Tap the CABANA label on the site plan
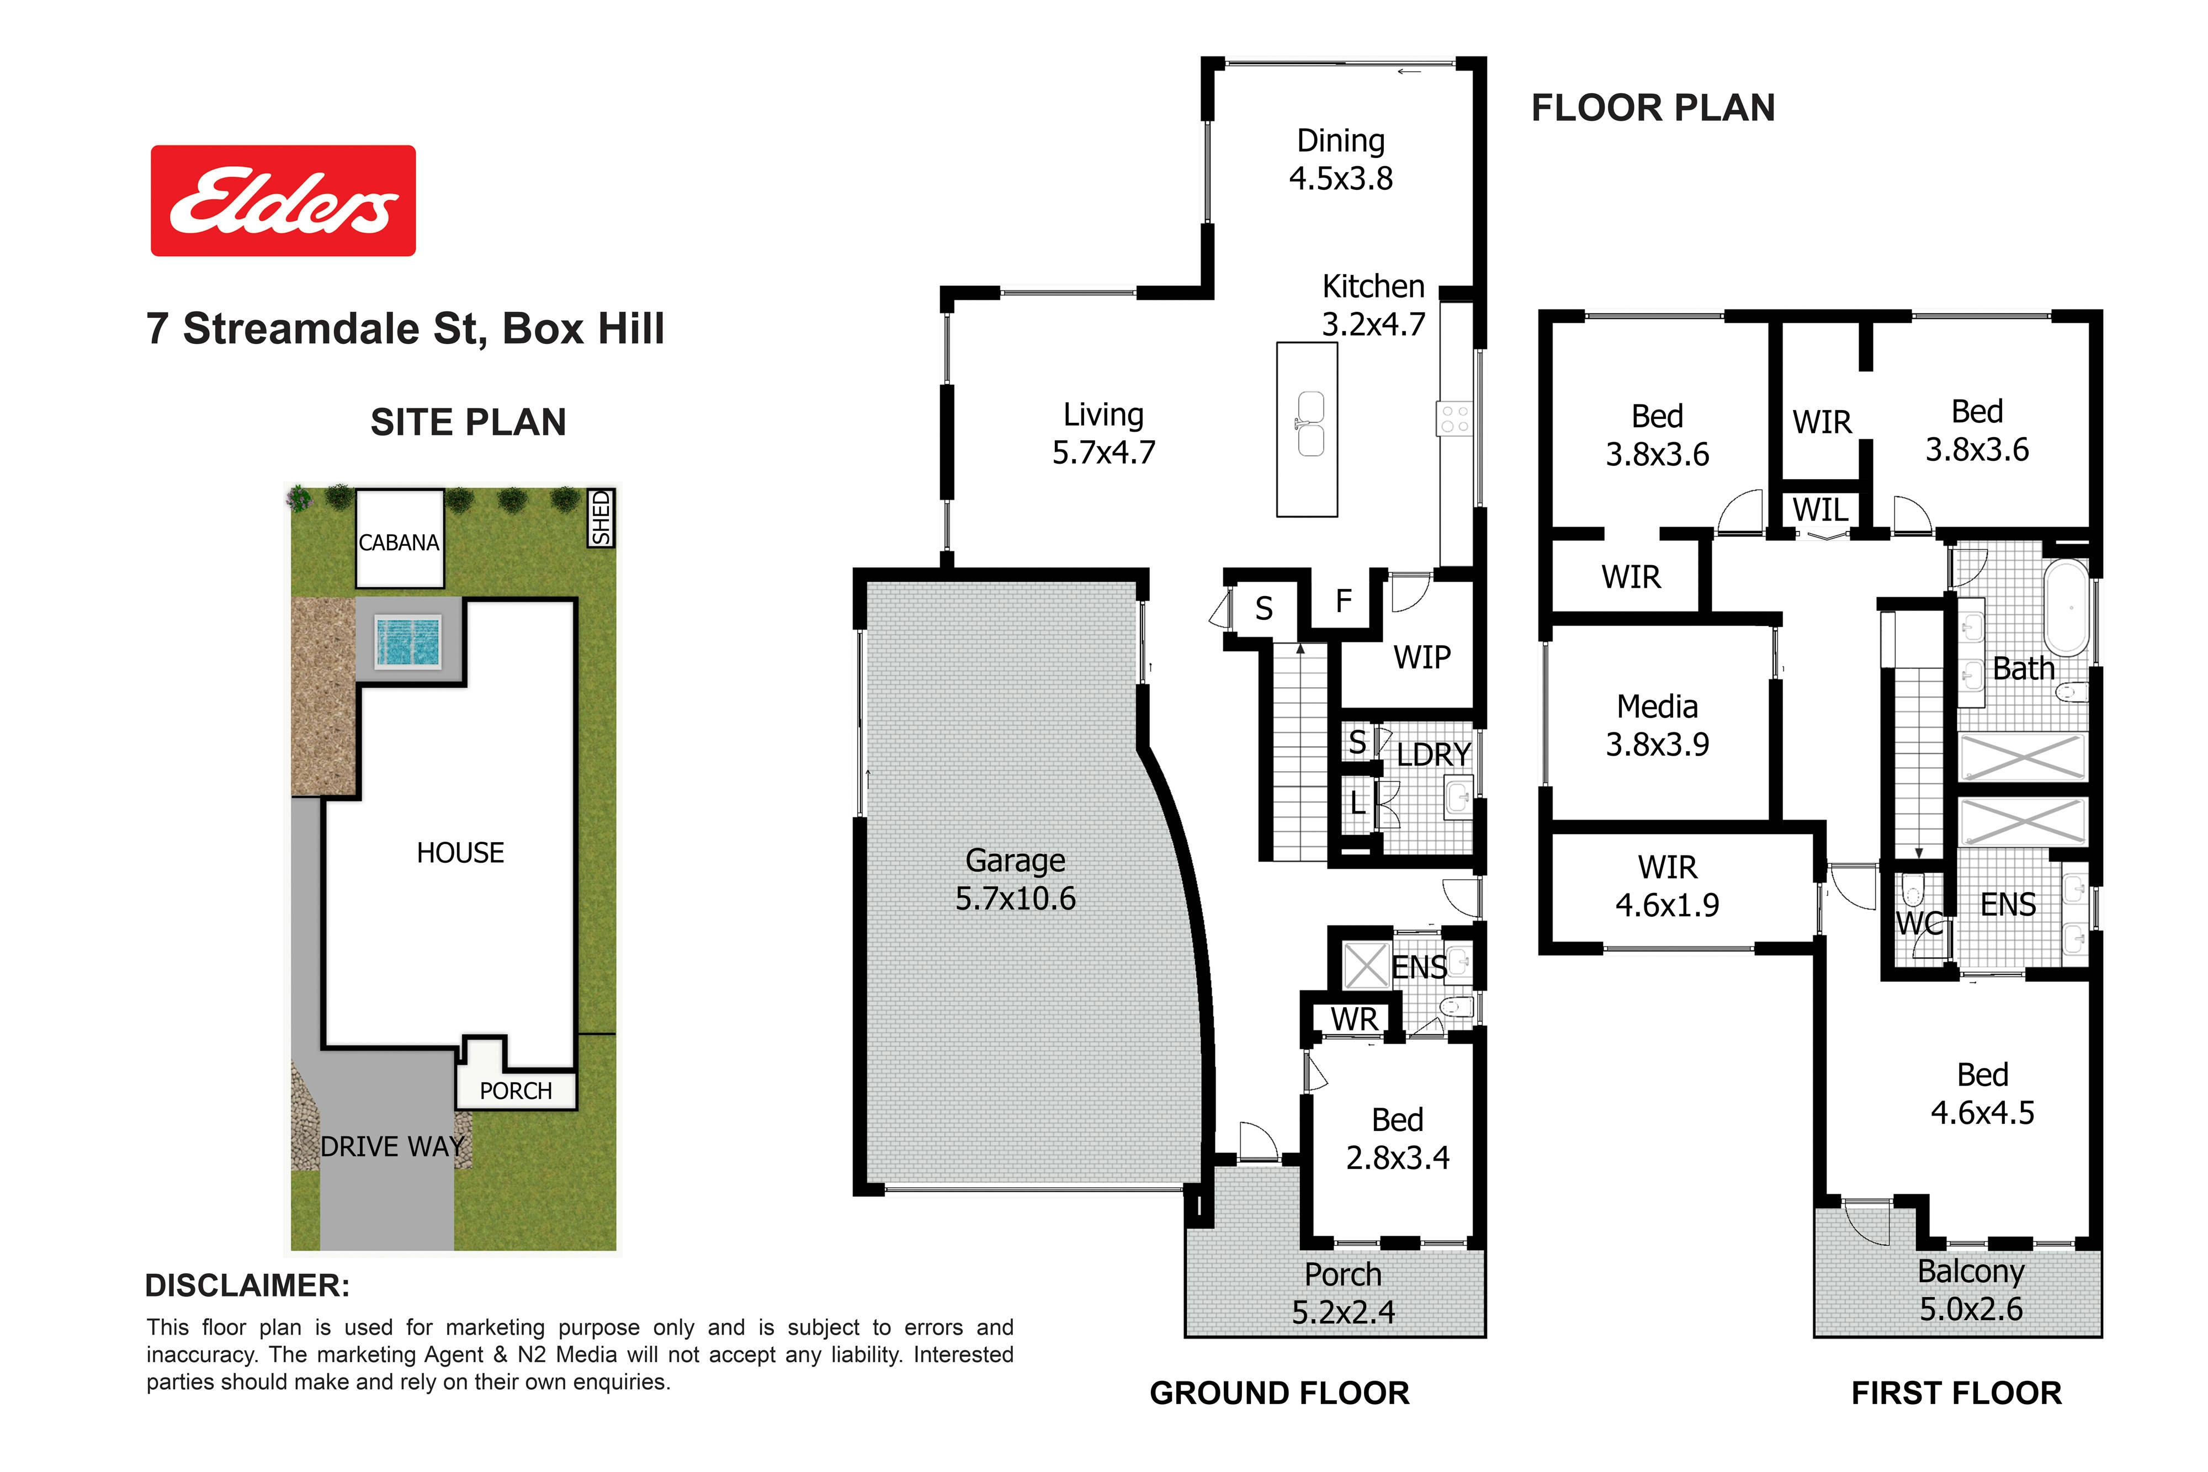[399, 543]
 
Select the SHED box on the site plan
[601, 517]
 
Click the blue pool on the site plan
[407, 641]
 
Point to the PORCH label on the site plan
[516, 1091]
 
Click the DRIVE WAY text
[392, 1146]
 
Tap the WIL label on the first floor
[1820, 510]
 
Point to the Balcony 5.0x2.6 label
[1971, 1290]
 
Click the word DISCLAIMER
[247, 1285]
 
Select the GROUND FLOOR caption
[1280, 1393]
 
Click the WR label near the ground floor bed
[1354, 1019]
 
